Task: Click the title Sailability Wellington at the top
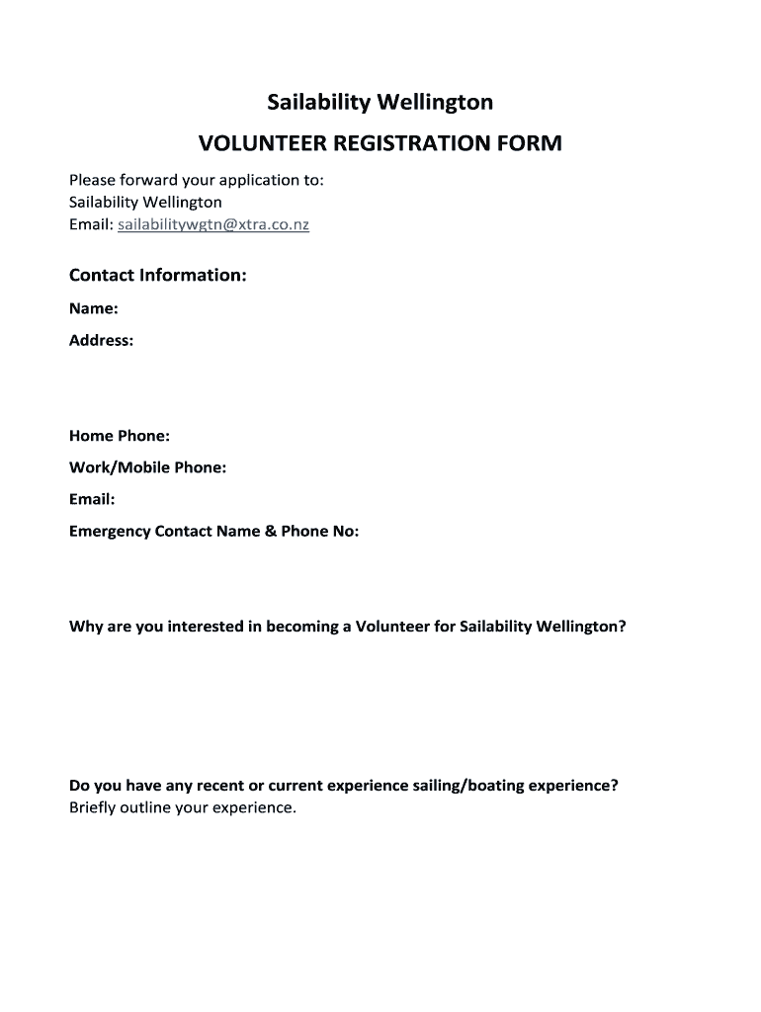click(x=380, y=102)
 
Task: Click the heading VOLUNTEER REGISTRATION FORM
click(x=380, y=143)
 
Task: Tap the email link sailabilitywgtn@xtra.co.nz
click(x=213, y=225)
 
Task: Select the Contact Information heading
click(x=157, y=275)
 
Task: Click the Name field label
click(x=94, y=308)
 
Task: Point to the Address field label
click(x=101, y=341)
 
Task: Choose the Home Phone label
click(x=120, y=436)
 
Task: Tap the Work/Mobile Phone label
click(x=148, y=467)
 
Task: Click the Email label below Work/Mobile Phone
click(x=92, y=499)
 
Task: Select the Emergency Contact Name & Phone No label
click(x=214, y=532)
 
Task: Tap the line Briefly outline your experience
click(x=183, y=807)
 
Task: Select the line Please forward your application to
click(x=197, y=180)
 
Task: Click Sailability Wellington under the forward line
click(x=145, y=203)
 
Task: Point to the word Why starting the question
click(x=84, y=627)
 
